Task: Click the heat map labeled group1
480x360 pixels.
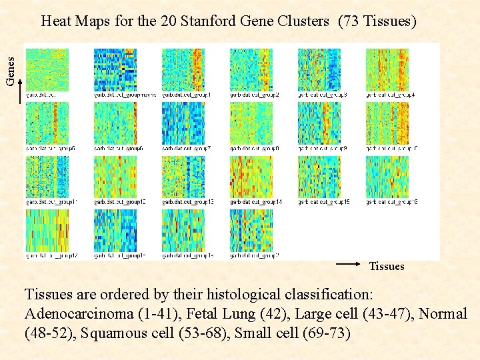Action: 183,69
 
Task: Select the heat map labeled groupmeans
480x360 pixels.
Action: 115,69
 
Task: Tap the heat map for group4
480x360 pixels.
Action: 387,69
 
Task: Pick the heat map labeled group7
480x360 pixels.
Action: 183,123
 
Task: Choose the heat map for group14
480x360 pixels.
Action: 251,176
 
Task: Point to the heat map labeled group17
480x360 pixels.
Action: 47,230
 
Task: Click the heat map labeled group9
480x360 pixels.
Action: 319,123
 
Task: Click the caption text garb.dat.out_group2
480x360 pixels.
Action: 255,95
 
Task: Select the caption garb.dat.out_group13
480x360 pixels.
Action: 187,202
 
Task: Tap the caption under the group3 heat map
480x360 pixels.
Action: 323,95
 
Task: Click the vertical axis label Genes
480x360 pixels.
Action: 11,70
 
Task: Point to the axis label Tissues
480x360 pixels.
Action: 387,267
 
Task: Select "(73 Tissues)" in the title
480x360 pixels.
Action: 377,21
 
